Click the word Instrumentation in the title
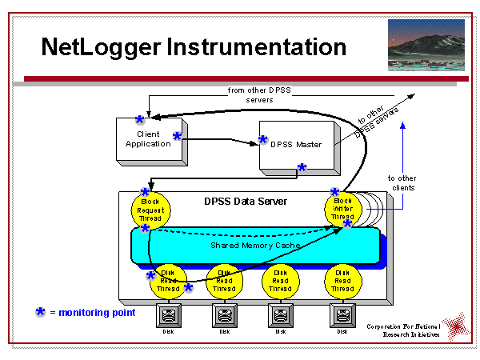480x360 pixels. pyautogui.click(x=257, y=46)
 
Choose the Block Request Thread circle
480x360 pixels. pyautogui.click(x=150, y=210)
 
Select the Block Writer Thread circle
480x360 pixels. pyautogui.click(x=343, y=210)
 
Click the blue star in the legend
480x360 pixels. pyautogui.click(x=40, y=312)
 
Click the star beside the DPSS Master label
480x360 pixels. pyautogui.click(x=263, y=140)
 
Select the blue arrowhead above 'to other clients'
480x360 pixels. pyautogui.click(x=402, y=125)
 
